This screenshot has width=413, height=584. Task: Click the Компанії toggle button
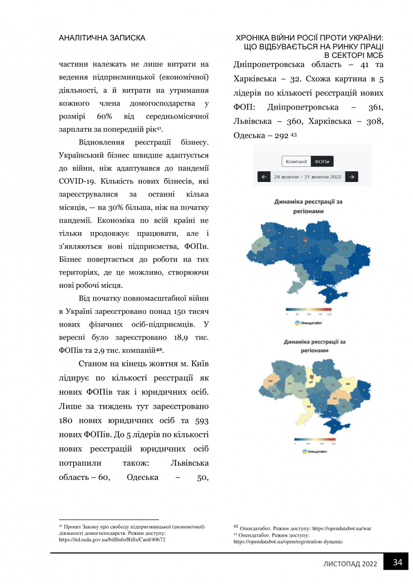point(296,162)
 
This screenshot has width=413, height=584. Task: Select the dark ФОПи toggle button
point(321,162)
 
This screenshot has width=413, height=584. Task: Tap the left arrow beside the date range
point(263,177)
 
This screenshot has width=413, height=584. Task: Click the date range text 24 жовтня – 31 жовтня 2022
point(307,177)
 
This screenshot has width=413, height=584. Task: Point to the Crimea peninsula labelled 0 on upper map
point(332,293)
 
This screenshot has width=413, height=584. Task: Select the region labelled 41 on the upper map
point(330,264)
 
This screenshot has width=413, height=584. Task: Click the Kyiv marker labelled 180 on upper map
point(305,240)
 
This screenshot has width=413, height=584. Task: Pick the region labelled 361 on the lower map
point(335,398)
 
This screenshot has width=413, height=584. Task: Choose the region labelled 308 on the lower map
point(348,384)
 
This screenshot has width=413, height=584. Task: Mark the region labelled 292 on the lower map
point(308,406)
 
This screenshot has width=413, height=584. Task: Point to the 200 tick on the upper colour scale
point(329,315)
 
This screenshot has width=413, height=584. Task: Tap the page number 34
point(397,563)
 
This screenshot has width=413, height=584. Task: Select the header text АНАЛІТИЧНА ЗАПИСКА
point(102,37)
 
